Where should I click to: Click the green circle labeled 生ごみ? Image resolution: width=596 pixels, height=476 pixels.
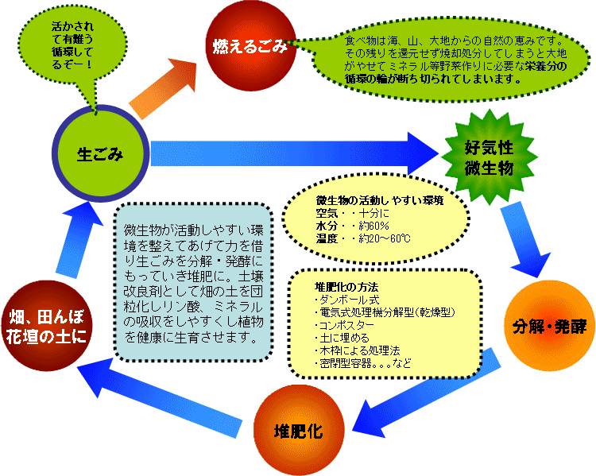(100, 153)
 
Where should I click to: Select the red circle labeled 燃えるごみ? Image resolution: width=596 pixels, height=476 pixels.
(249, 47)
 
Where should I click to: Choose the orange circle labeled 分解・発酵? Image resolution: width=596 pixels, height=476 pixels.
(549, 327)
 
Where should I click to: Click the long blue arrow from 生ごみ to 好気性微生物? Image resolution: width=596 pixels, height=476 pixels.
(294, 152)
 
